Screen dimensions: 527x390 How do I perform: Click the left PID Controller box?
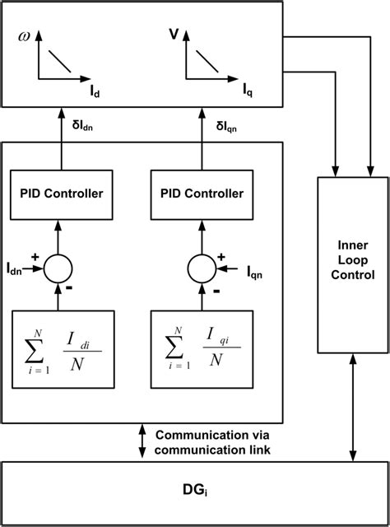[x=61, y=194]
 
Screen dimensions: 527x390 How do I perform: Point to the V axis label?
[x=174, y=35]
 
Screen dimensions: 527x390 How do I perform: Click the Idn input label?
[x=16, y=268]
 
